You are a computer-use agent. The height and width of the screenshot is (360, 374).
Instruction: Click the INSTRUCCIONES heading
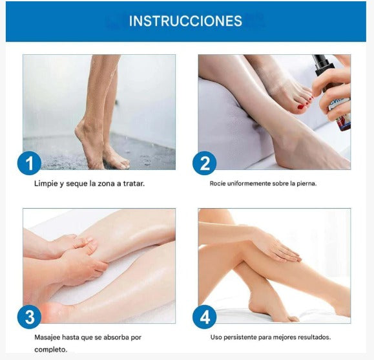[x=185, y=21]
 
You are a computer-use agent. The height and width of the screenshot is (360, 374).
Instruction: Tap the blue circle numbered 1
[x=29, y=164]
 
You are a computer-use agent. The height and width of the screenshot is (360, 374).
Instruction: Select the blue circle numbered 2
[x=205, y=164]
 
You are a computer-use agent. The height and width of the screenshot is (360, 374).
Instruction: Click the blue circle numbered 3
[x=29, y=317]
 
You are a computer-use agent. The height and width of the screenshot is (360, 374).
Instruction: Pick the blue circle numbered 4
[x=205, y=317]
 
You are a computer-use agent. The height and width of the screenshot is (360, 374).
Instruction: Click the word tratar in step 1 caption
[x=132, y=184]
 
